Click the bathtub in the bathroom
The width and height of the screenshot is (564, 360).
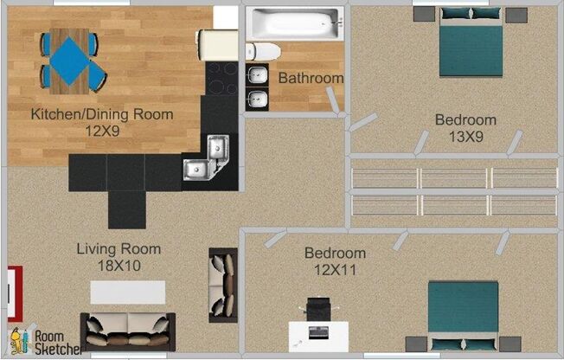tap(295, 23)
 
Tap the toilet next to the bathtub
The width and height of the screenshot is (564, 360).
tap(263, 52)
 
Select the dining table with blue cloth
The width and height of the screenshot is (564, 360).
tap(69, 61)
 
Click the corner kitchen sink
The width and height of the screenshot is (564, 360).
tap(207, 158)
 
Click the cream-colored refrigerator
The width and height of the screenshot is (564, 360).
tap(218, 45)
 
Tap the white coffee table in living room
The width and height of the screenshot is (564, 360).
tap(128, 292)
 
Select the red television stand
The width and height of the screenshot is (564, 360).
tap(15, 293)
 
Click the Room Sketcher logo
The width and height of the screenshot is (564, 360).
tap(45, 341)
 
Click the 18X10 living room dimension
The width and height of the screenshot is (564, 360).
tap(119, 266)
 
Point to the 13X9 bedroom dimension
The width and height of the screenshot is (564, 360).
tap(465, 137)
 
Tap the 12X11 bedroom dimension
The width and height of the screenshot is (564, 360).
tap(336, 270)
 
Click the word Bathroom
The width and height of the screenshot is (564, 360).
tap(311, 78)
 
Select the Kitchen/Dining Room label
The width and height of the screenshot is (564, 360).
tap(102, 114)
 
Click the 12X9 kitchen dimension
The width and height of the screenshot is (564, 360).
tap(102, 131)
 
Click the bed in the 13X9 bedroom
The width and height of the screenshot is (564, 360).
tap(471, 42)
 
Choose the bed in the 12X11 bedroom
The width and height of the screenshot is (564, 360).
tap(464, 316)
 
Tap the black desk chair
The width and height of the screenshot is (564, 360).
tap(318, 309)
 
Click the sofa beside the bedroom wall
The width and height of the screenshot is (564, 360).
tap(223, 285)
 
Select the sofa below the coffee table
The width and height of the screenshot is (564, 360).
tap(128, 332)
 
